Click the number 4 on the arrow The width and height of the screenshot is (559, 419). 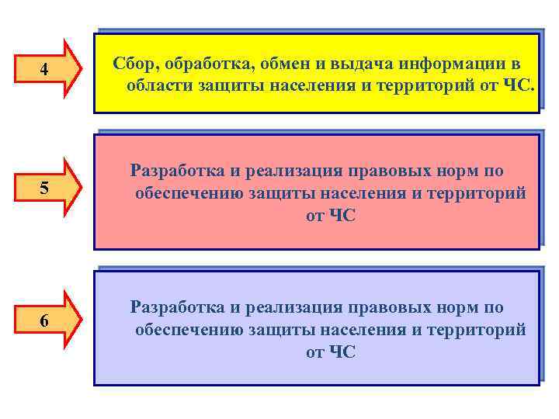click(x=44, y=71)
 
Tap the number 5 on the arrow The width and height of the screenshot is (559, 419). click(x=44, y=189)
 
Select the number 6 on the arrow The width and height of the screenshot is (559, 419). click(x=44, y=321)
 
